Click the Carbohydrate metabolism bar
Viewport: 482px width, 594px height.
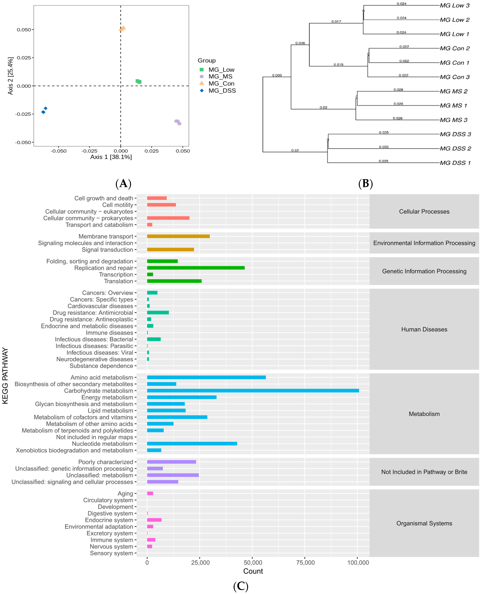[253, 390]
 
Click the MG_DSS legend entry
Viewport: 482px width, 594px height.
[222, 91]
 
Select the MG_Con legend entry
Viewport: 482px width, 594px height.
[221, 84]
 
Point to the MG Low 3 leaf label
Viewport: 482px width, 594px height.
[455, 6]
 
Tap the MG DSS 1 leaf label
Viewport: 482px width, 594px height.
[455, 163]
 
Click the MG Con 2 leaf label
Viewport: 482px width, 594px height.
[455, 48]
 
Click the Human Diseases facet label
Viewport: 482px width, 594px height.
[424, 329]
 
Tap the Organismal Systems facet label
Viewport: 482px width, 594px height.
[424, 523]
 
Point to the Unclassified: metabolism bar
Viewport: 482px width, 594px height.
[173, 475]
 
